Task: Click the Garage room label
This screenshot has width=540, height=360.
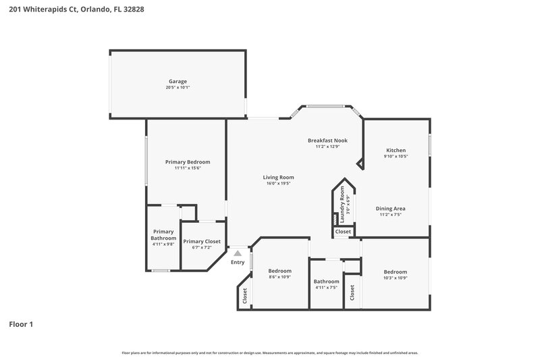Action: [x=178, y=81]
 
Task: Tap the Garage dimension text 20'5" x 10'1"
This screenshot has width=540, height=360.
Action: [x=178, y=88]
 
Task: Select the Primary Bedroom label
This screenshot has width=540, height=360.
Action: [x=188, y=161]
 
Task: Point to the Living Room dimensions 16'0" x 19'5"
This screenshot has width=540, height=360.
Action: [x=278, y=183]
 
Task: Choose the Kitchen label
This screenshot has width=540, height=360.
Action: [x=396, y=150]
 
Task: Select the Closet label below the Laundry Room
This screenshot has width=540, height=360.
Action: [x=343, y=232]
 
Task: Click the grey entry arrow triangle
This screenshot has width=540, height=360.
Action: [x=238, y=253]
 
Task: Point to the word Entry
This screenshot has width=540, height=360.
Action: [x=238, y=262]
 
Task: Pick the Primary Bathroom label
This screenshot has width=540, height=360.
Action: [x=163, y=234]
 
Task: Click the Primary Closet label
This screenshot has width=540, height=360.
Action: [x=202, y=241]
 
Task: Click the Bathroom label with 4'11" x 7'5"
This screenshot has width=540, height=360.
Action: [x=326, y=282]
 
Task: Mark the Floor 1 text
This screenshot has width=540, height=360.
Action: [x=21, y=324]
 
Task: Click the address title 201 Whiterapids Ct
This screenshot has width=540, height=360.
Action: [x=76, y=9]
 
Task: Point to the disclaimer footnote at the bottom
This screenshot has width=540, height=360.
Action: [x=269, y=353]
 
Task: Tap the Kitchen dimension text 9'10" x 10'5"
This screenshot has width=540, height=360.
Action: [x=396, y=156]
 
